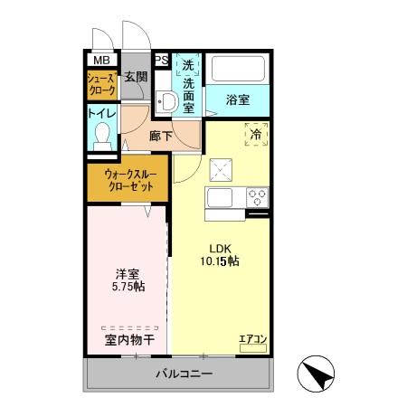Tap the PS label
pos(161,61)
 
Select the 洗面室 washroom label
pos(188,85)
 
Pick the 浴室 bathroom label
pos(238,100)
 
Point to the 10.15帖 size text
pos(220,260)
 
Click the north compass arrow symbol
pos(317,373)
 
